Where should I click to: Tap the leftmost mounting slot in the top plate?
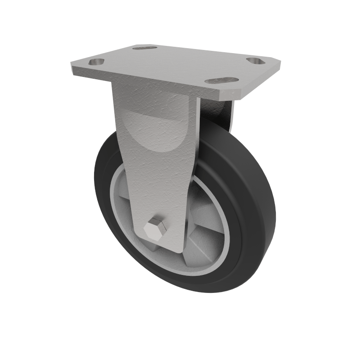96,62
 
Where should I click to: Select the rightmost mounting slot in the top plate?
256,60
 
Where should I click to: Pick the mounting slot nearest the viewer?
221,81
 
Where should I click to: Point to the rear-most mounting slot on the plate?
145,47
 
